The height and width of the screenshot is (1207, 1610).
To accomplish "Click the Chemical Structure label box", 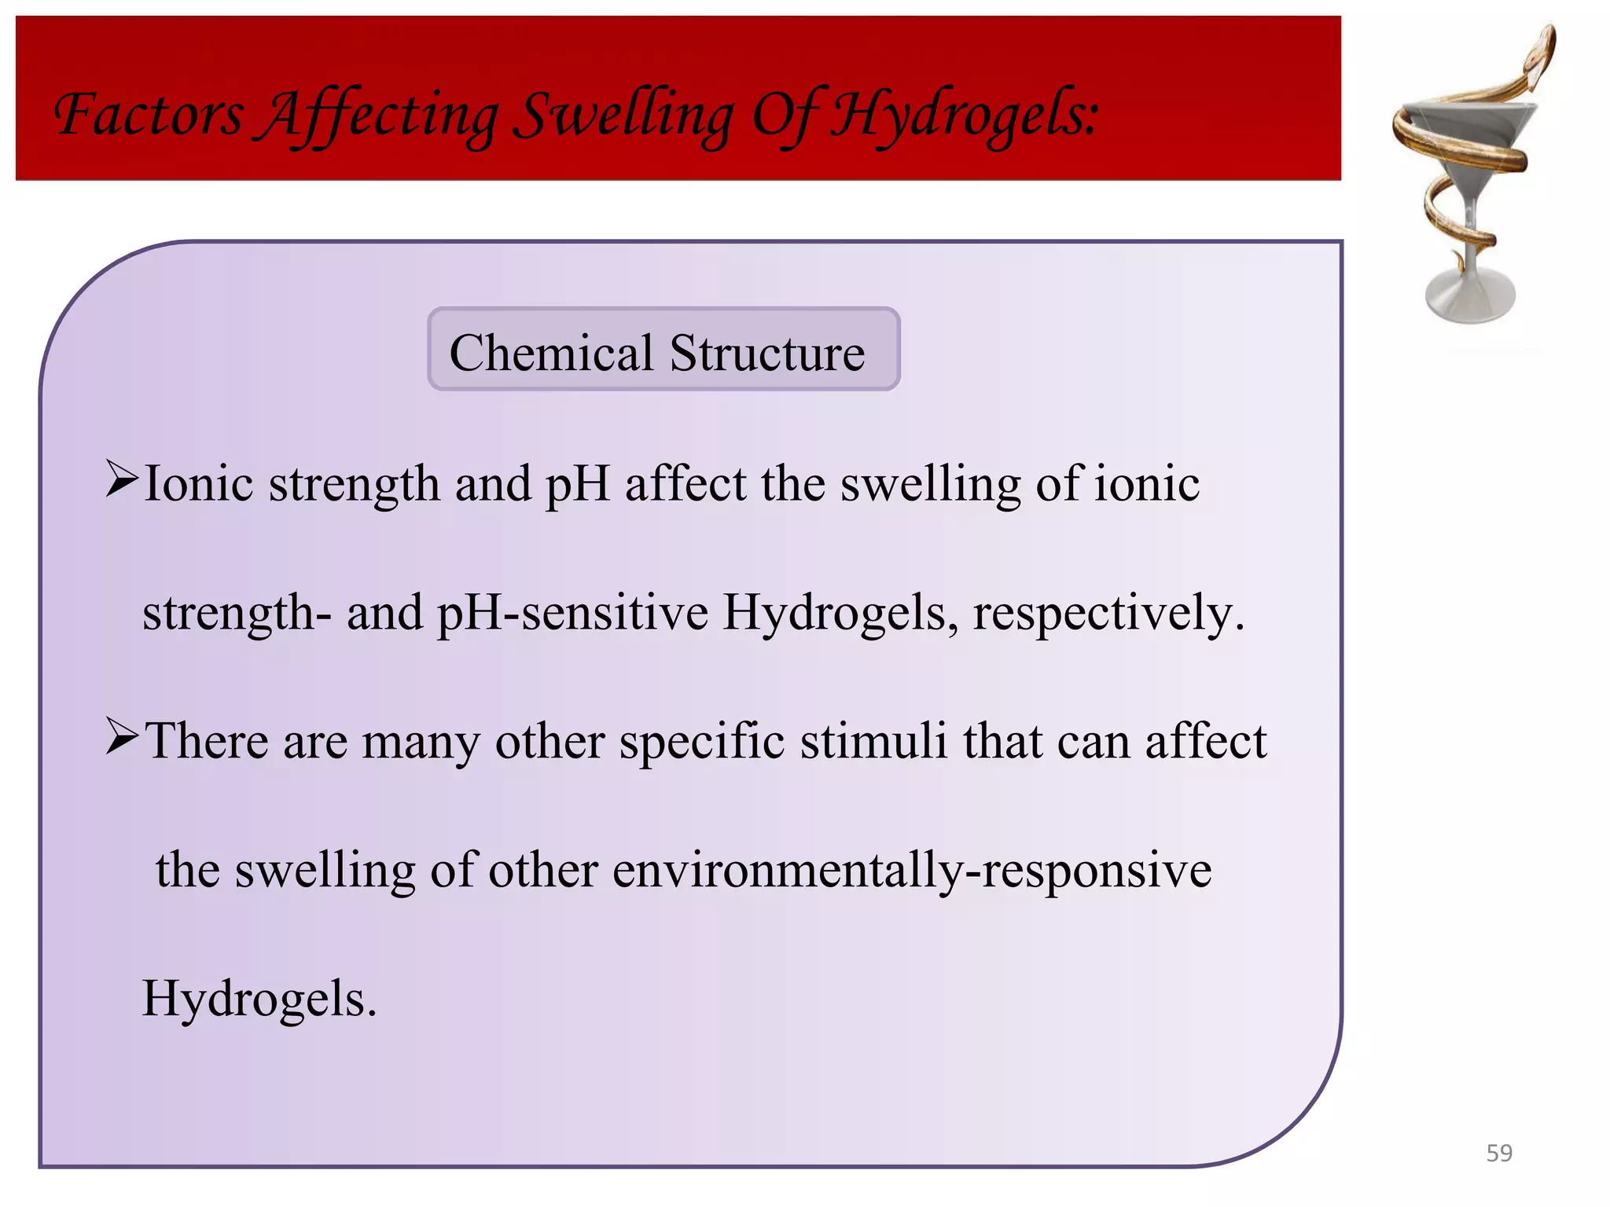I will [x=663, y=350].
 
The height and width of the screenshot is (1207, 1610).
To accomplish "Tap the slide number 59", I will [x=1498, y=1153].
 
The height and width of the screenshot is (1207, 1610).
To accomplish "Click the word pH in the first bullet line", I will [x=577, y=483].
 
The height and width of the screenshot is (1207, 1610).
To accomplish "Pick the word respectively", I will [x=1108, y=613].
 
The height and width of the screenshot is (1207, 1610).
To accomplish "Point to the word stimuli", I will [x=873, y=741].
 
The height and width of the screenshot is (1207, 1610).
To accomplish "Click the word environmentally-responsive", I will [x=912, y=870].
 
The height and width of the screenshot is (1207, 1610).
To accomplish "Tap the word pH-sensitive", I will [x=572, y=613].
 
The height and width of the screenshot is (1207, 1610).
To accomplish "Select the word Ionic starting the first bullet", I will [x=199, y=483].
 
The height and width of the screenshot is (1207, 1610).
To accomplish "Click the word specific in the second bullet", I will [x=701, y=741].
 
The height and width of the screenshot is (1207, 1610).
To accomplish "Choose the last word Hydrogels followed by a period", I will [x=259, y=999].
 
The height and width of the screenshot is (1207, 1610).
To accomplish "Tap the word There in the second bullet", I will [x=208, y=741].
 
